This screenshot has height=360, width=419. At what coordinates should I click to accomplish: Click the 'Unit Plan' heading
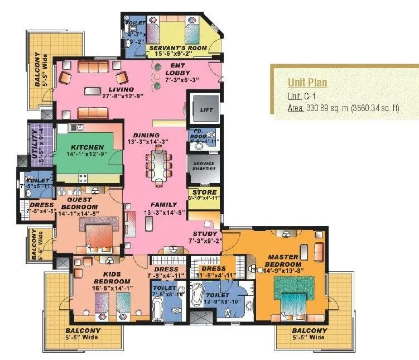pos(307,83)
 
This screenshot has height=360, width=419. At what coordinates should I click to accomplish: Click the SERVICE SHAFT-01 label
pos(204,166)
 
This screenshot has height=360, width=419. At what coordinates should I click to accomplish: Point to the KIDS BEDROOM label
pos(112,277)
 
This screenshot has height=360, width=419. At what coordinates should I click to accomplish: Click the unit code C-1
pos(310,96)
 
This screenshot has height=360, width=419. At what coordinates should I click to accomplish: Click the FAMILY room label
pos(163,205)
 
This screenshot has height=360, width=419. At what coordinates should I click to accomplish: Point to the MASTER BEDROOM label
pos(283,260)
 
